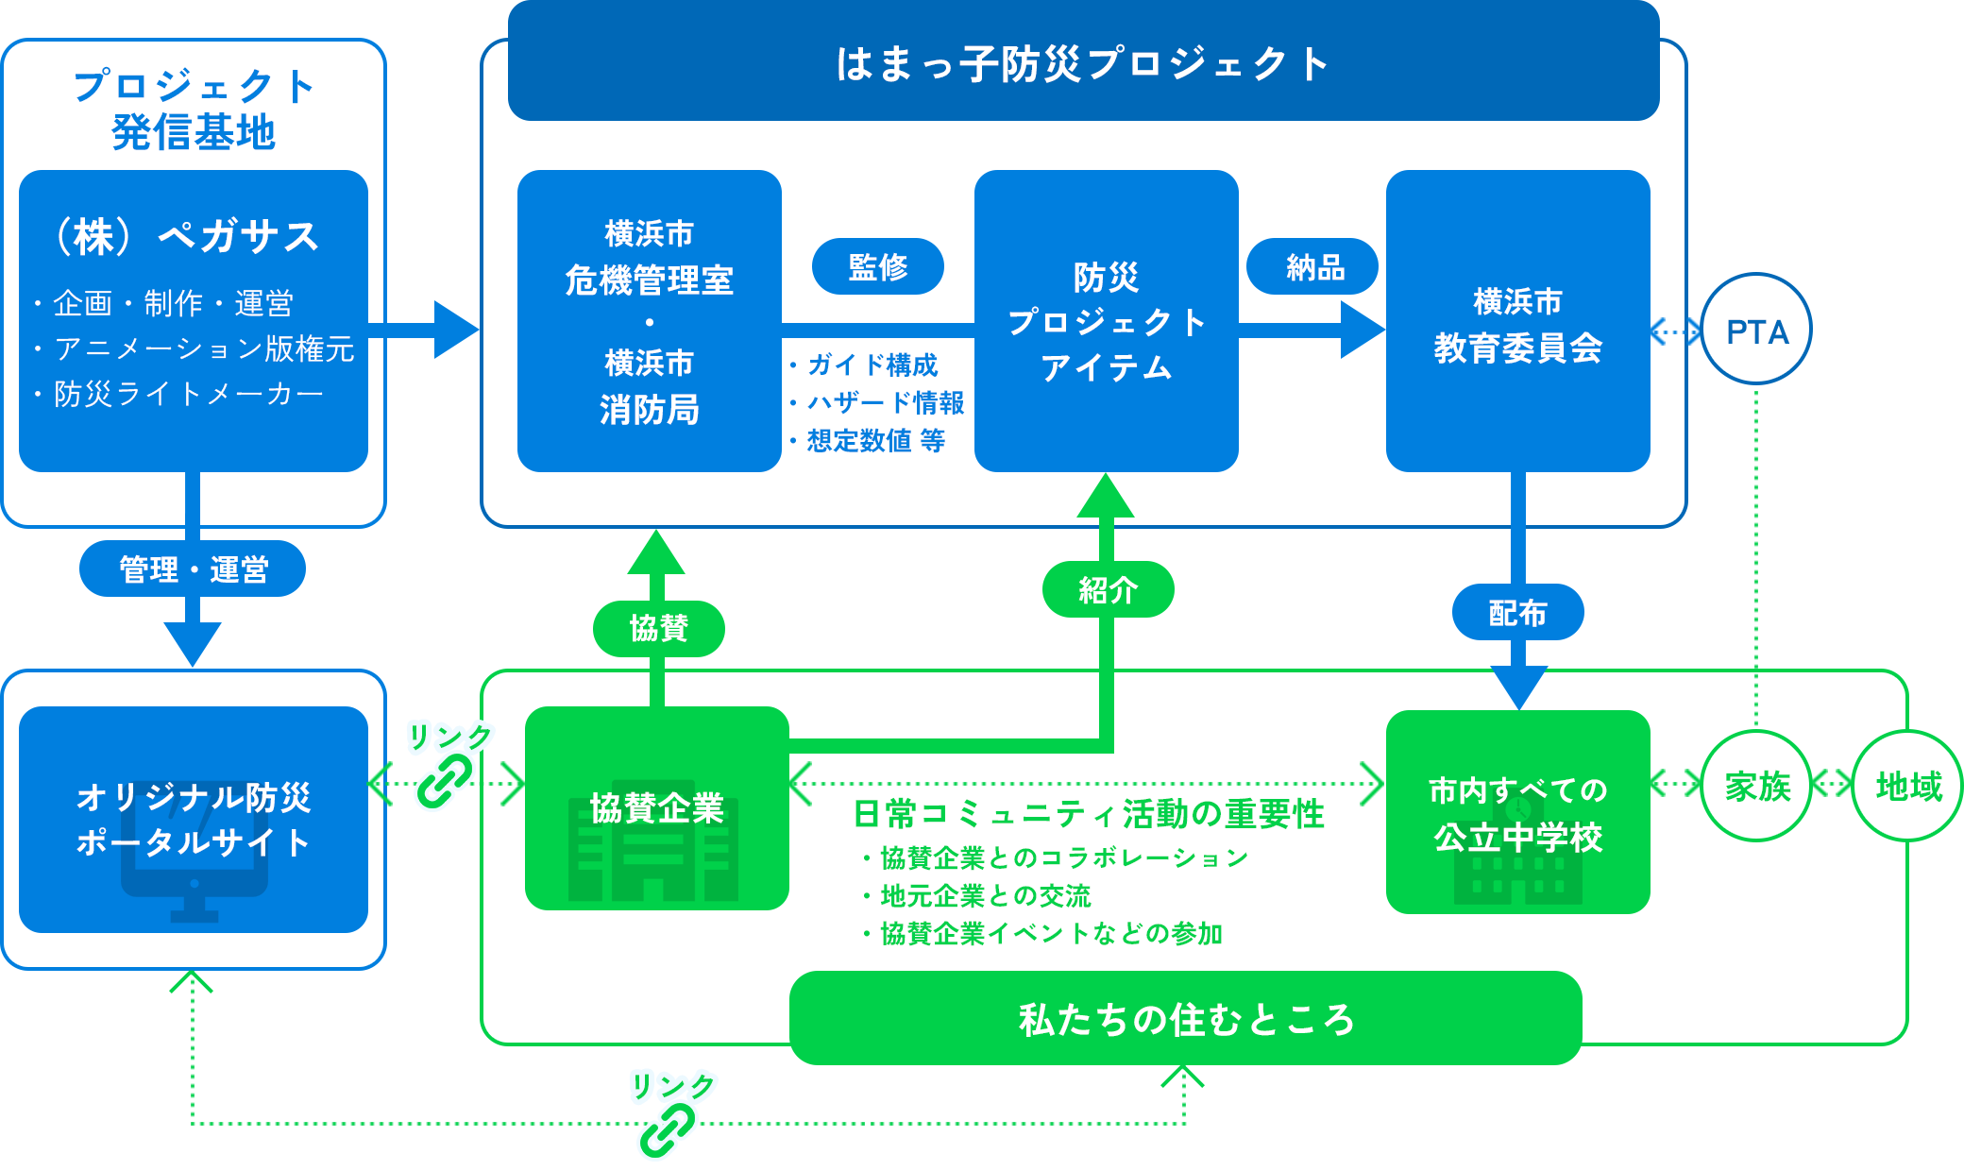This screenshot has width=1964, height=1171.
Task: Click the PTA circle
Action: coord(1756,330)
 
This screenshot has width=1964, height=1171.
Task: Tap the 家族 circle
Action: coord(1756,786)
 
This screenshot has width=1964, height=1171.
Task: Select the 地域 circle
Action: coord(1907,786)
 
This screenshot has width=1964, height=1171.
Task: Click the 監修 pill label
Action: coord(877,266)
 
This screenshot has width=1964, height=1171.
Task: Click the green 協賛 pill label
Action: coord(658,628)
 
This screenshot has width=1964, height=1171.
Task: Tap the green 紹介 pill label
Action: coord(1108,590)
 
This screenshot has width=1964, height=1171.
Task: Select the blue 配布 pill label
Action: coord(1517,613)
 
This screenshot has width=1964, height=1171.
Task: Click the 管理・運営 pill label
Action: coord(193,569)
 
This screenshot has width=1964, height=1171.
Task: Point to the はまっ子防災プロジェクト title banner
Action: coord(1083,63)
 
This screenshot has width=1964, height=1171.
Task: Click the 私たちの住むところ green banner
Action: coord(1185,1019)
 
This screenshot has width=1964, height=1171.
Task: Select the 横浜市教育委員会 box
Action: coord(1517,321)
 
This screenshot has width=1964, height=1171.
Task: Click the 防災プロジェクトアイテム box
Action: coord(1106,321)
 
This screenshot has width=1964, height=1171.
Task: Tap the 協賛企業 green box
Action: coord(656,809)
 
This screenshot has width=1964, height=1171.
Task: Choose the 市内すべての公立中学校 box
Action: coord(1517,812)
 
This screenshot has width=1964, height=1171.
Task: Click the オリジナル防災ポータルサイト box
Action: coord(193,819)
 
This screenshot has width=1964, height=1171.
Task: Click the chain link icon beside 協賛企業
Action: coord(445,781)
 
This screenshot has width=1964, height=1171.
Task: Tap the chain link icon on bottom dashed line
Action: coord(667,1129)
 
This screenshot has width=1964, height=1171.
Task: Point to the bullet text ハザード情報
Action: coord(885,403)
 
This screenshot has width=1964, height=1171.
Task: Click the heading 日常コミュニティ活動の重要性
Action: coord(1088,814)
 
